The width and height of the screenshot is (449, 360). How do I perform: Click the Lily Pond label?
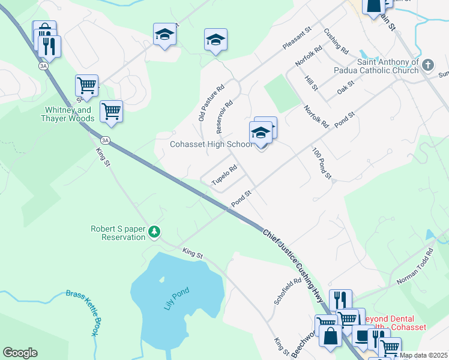click(x=176, y=299)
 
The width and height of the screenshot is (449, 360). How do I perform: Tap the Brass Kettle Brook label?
click(x=82, y=313)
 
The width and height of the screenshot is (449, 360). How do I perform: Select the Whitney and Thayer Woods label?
click(x=68, y=114)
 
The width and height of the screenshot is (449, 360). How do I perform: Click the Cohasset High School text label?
click(x=210, y=144)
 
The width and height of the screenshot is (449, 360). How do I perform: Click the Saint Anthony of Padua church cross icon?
click(x=428, y=64)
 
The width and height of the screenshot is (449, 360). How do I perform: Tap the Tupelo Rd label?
click(x=224, y=175)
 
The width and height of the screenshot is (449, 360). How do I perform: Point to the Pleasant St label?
click(x=298, y=37)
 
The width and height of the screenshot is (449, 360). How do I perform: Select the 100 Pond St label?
click(x=322, y=163)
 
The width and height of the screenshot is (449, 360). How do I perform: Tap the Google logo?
click(x=20, y=353)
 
